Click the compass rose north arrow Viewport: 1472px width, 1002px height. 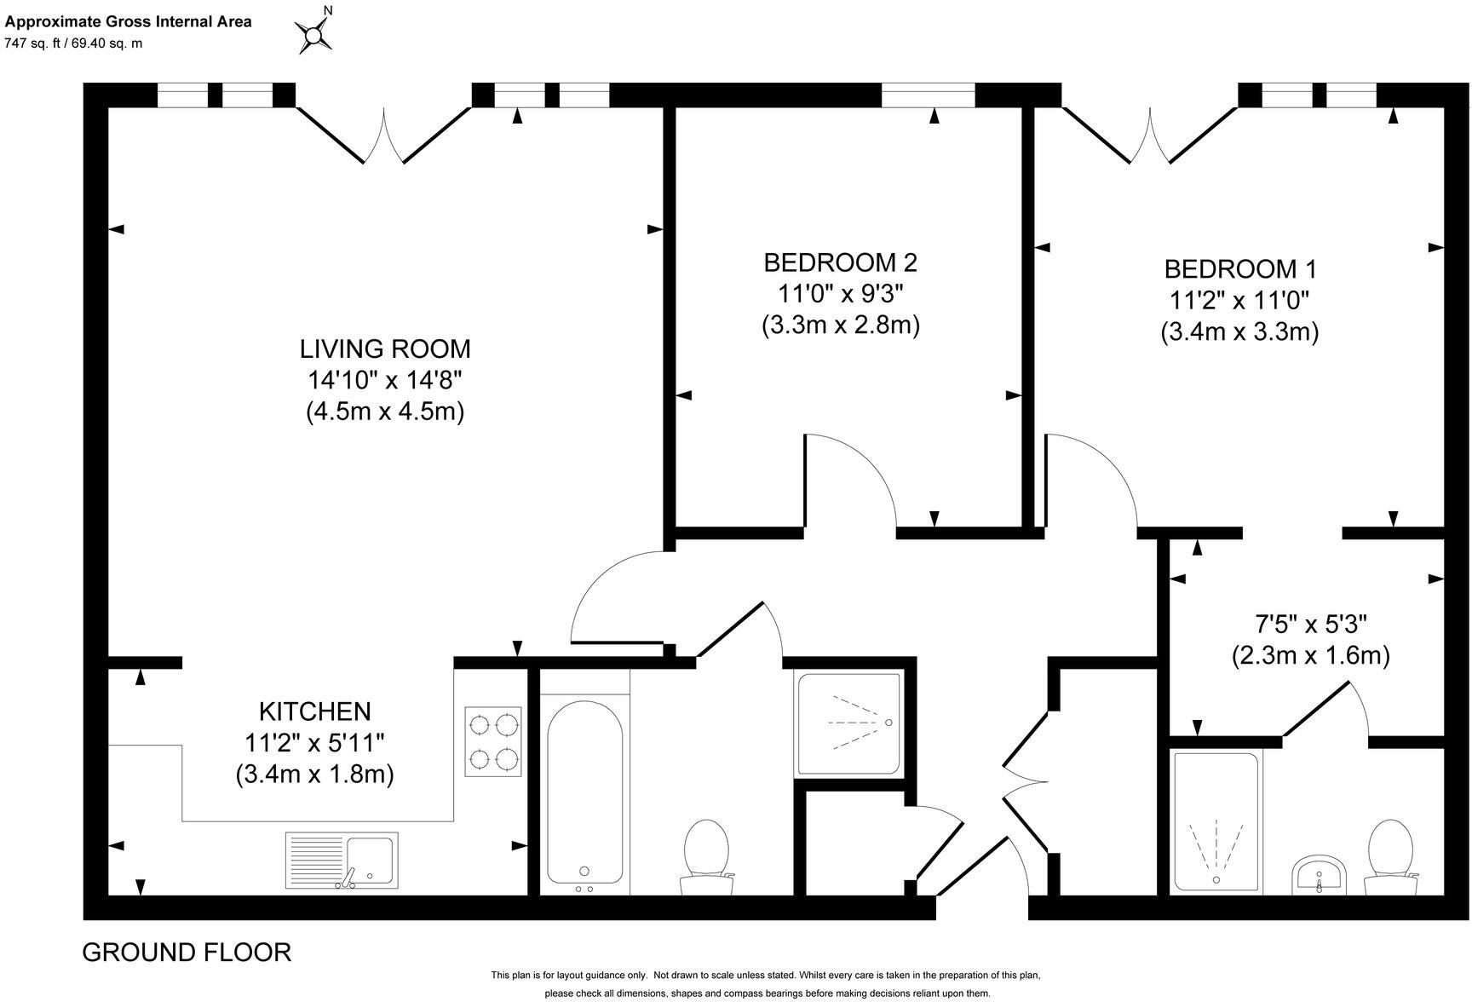pos(315,34)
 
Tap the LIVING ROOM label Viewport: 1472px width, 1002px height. pos(385,349)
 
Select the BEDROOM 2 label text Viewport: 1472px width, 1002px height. pos(840,262)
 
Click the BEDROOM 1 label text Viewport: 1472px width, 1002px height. pos(1240,269)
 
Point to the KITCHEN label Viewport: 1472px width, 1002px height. pos(315,711)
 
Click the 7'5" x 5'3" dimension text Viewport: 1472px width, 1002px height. pos(1309,625)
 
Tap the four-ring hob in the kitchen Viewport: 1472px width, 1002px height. pos(493,741)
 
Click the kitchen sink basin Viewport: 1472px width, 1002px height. pos(371,859)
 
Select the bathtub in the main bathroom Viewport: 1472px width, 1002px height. pos(584,791)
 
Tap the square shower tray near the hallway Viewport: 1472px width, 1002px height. pos(848,723)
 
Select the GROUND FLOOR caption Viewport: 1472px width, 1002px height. pos(187,953)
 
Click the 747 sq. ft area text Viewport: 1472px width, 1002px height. pos(73,43)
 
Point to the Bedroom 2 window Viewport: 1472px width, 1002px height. pos(928,95)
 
